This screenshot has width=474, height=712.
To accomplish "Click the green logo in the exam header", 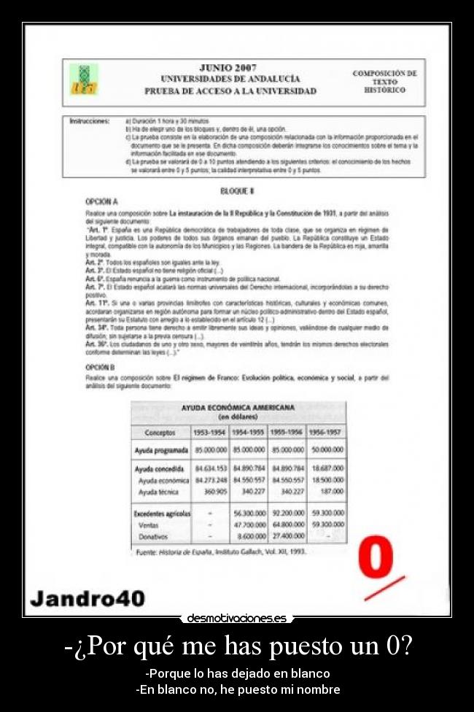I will pos(83,78).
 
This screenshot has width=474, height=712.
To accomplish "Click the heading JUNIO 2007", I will pos(229,68).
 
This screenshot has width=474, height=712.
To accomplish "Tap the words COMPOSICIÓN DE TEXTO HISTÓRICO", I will pos(384,82).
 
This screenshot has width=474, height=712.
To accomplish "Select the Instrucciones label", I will pos(89,120).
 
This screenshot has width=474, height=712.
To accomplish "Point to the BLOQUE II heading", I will pos(236,190).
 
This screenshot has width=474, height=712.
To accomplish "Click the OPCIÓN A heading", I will pos(101,201).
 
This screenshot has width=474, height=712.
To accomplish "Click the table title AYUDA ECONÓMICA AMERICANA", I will pos(238,407).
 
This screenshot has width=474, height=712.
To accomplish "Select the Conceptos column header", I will pos(160,433).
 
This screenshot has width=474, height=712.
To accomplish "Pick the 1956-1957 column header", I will pos(325,433).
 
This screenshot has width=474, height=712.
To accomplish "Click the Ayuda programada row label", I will pos(161,451).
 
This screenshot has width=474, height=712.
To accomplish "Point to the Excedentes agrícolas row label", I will pos(162,514).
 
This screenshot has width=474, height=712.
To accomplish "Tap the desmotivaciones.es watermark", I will pos(236,618).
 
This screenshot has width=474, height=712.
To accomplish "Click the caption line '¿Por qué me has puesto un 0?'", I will pos(238,646).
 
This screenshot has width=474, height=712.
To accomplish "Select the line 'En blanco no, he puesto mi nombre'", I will pos(238,689).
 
